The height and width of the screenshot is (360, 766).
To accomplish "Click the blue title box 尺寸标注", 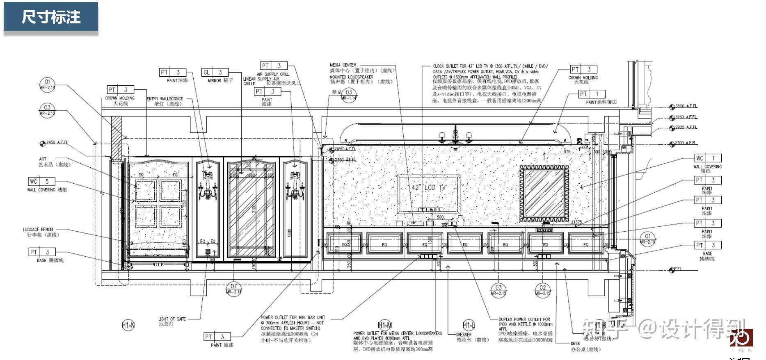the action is pos(51,17).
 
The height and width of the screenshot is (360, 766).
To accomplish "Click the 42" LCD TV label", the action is pos(429,187).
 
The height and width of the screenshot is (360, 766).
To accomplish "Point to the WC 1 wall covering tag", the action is pos(707,158).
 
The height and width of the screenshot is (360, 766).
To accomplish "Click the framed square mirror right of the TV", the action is pos(544,193).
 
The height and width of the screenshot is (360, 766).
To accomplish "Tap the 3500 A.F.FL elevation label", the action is pos(686,106).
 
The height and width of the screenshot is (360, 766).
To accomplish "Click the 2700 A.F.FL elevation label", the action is pos(685,143).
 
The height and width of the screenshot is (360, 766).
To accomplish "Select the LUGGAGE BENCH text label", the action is pos(38,230).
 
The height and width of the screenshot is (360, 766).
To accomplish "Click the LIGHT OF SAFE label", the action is pos(172,319).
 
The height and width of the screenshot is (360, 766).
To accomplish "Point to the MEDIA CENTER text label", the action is pos(343,65).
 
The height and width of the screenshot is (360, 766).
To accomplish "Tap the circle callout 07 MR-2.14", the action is pos(233,288).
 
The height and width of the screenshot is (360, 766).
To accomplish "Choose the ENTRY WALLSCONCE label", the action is pos(165,99).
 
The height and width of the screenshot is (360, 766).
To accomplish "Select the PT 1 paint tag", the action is pos(591,94).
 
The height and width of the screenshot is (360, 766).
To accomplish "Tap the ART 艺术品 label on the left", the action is pos(43,159).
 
